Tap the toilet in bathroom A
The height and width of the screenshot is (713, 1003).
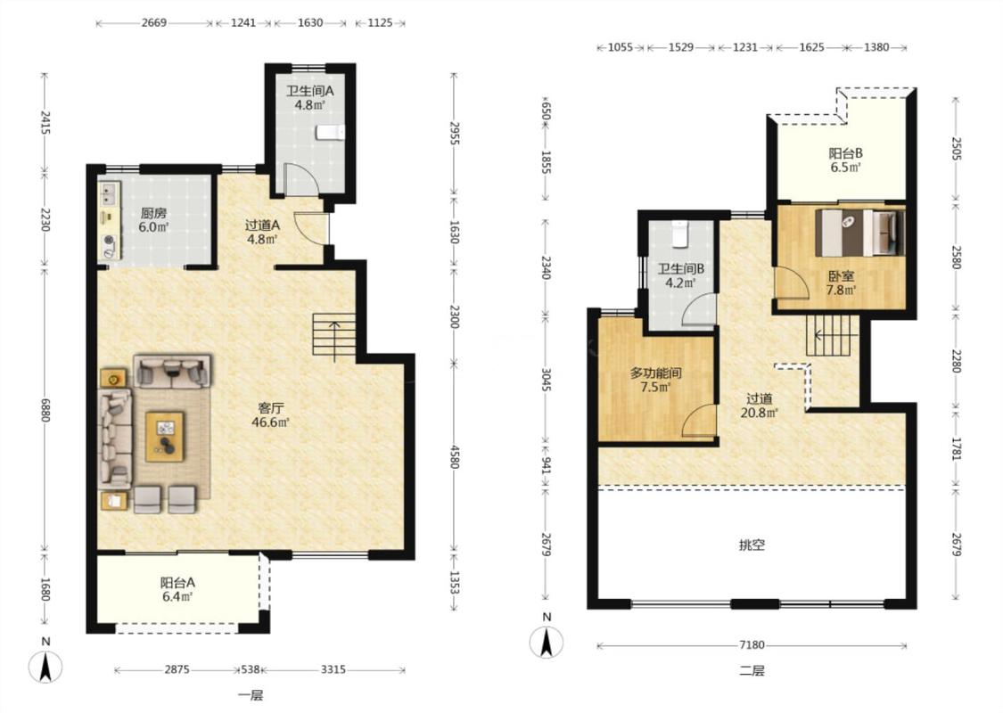click(x=331, y=132)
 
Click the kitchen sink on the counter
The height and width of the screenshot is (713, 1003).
click(x=110, y=192)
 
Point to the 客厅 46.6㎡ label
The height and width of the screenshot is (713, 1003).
click(x=271, y=415)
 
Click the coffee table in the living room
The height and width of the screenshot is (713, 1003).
click(x=164, y=437)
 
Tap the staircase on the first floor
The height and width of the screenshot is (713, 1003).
click(x=334, y=337)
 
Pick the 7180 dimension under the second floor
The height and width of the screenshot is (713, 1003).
click(x=752, y=645)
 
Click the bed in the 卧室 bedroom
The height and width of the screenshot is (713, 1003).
click(x=860, y=233)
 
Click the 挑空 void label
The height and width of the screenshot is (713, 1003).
click(x=752, y=545)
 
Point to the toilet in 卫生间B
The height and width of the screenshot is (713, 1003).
click(x=679, y=234)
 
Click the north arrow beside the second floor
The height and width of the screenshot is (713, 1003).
click(x=547, y=642)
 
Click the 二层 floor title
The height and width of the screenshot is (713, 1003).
click(x=752, y=671)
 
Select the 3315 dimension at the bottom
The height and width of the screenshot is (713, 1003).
click(x=333, y=669)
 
